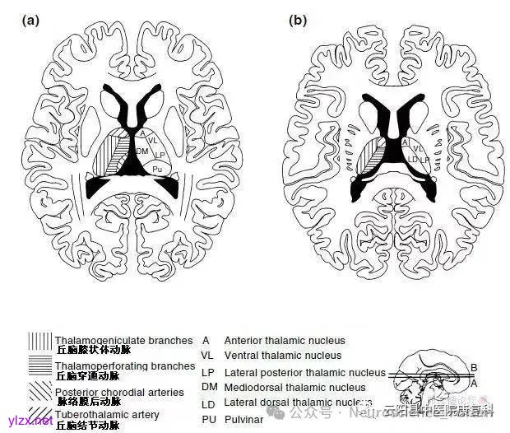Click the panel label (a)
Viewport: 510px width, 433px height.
pyautogui.click(x=30, y=21)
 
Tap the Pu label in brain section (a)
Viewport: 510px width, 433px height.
pyautogui.click(x=157, y=167)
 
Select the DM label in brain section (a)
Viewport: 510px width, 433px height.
pyautogui.click(x=142, y=151)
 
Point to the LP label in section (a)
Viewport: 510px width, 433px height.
pyautogui.click(x=160, y=155)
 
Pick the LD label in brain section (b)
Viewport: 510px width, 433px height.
pyautogui.click(x=412, y=158)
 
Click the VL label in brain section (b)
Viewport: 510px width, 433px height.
pyautogui.click(x=417, y=148)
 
